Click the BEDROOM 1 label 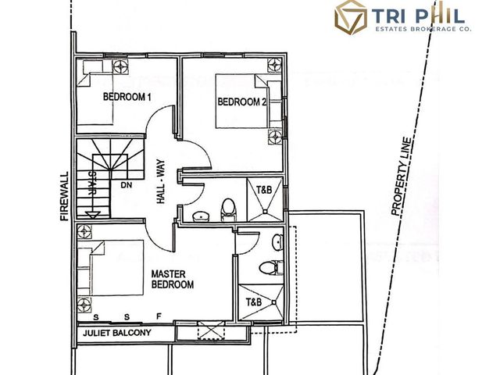click(127, 97)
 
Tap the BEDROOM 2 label click(242, 102)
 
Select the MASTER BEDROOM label click(173, 279)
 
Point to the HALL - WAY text click(161, 182)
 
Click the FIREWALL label click(65, 196)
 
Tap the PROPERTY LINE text click(402, 177)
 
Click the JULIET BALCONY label click(116, 333)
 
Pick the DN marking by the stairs click(127, 185)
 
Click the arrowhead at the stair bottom click(93, 215)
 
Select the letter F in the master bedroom click(159, 316)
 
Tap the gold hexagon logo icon click(351, 17)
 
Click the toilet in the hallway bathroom click(228, 209)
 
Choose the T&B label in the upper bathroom click(264, 190)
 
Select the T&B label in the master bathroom click(254, 302)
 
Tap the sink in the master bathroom click(278, 242)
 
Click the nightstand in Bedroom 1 click(120, 66)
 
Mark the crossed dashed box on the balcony click(211, 330)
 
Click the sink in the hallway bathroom click(201, 216)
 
